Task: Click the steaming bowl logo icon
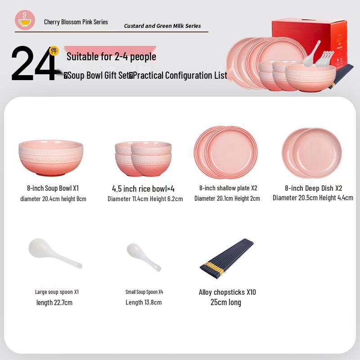click(25, 20)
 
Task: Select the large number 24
click(34, 63)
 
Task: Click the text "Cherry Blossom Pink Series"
click(76, 22)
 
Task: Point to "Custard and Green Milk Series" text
click(162, 26)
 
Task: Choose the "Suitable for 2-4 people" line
click(111, 57)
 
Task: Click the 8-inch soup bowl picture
click(51, 158)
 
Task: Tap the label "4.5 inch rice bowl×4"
click(143, 189)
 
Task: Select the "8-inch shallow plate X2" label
click(228, 188)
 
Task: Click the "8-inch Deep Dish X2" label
click(313, 188)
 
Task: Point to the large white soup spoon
click(55, 253)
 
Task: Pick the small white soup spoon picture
click(144, 257)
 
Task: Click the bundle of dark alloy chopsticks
click(227, 258)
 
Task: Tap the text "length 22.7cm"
click(54, 302)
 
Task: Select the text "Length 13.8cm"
click(144, 302)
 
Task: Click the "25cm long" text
click(226, 302)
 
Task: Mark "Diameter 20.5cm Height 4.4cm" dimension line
click(313, 198)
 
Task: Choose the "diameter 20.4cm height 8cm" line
click(53, 199)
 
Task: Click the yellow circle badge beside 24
click(54, 51)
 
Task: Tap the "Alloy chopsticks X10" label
click(227, 292)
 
